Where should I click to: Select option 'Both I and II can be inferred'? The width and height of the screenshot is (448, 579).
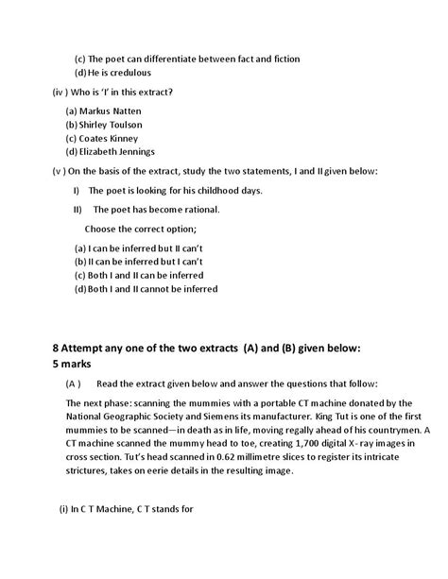pyautogui.click(x=151, y=275)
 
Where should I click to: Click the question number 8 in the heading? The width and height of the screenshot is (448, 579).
pyautogui.click(x=57, y=348)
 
